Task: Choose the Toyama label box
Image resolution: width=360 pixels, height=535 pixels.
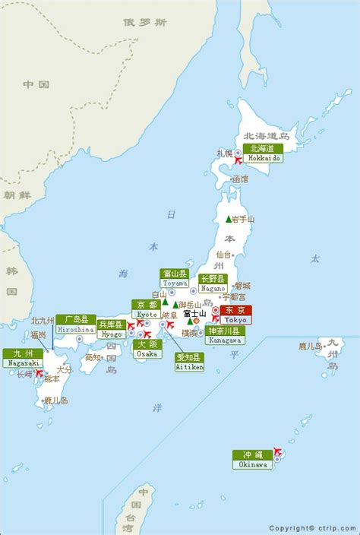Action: click(175, 278)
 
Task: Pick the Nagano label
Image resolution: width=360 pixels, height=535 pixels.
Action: click(213, 283)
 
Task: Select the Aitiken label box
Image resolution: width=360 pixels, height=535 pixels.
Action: click(189, 362)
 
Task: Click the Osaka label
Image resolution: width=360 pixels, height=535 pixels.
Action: click(147, 349)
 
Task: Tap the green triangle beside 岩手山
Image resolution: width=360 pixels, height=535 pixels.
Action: click(228, 219)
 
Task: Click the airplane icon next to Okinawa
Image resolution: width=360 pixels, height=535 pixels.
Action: click(276, 454)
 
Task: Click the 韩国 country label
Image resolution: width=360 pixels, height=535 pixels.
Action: click(11, 281)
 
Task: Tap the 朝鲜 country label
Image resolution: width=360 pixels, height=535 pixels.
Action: click(13, 195)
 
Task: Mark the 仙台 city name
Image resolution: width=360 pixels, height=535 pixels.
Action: click(224, 255)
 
